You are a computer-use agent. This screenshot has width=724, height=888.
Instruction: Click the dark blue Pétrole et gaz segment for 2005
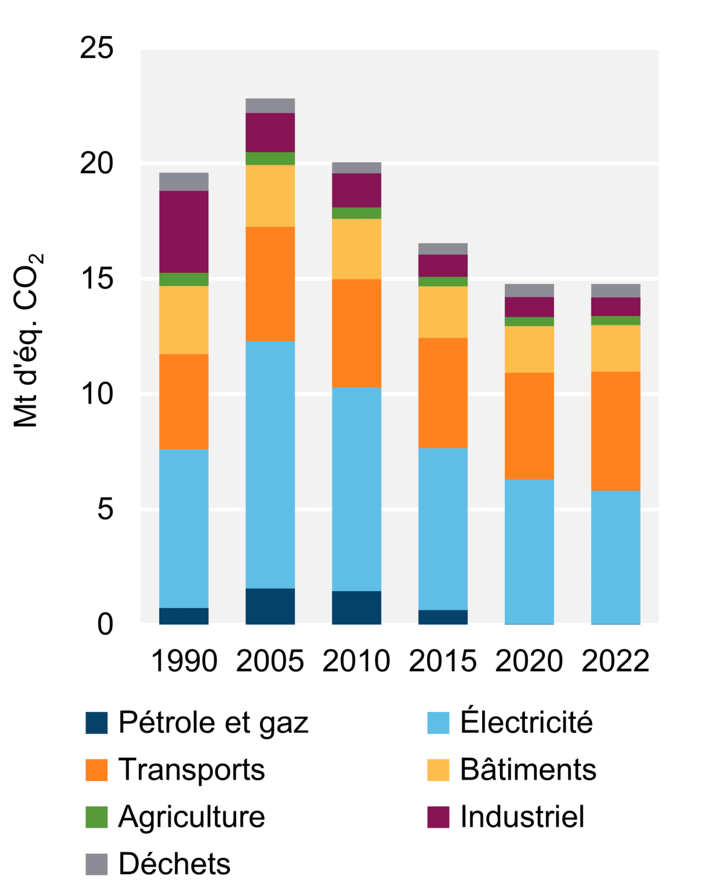pyautogui.click(x=270, y=606)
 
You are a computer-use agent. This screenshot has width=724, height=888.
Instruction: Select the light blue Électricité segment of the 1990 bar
pyautogui.click(x=183, y=528)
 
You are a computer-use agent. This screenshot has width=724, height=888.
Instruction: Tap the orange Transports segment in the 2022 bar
pyautogui.click(x=615, y=431)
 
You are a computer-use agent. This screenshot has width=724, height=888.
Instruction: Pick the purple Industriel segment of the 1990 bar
pyautogui.click(x=183, y=232)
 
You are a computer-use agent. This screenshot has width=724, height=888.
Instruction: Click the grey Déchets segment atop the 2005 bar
pyautogui.click(x=270, y=106)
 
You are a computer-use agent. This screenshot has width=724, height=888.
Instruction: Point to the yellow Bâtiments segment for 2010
pyautogui.click(x=356, y=249)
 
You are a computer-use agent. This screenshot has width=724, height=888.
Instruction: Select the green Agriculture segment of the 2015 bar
pyautogui.click(x=442, y=282)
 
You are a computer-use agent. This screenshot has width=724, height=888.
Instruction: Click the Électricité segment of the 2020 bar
pyautogui.click(x=529, y=551)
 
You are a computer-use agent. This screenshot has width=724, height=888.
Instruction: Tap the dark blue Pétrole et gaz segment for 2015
pyautogui.click(x=442, y=617)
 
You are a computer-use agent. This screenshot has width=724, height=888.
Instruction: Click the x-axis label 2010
pyautogui.click(x=356, y=661)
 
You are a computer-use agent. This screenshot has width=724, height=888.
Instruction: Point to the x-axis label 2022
pyautogui.click(x=615, y=661)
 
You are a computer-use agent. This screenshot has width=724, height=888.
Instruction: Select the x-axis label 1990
pyautogui.click(x=183, y=661)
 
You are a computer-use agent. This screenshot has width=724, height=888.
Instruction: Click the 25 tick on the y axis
pyautogui.click(x=97, y=48)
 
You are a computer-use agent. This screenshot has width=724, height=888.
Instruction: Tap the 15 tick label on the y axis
pyautogui.click(x=97, y=279)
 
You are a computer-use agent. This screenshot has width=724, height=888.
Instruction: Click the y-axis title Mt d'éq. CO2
pyautogui.click(x=28, y=341)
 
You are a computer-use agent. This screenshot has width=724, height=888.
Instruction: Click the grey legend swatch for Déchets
pyautogui.click(x=97, y=864)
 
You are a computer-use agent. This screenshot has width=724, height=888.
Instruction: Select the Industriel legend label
pyautogui.click(x=522, y=817)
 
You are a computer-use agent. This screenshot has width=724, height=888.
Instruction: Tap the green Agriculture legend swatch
pyautogui.click(x=97, y=817)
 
